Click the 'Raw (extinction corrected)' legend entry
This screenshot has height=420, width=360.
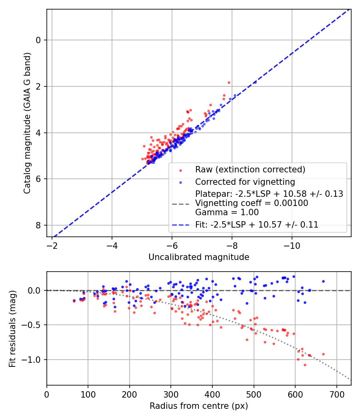click(250, 169)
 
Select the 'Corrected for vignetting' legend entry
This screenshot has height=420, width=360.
click(245, 182)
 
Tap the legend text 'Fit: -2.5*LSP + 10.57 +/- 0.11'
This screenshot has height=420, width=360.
click(257, 225)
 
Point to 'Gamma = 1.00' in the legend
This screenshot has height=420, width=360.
click(227, 212)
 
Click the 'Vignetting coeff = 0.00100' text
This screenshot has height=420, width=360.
click(252, 203)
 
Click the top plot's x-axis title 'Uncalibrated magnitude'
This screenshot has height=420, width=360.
click(199, 257)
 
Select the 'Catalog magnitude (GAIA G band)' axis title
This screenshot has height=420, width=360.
click(27, 123)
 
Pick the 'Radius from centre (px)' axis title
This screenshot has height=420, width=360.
click(199, 406)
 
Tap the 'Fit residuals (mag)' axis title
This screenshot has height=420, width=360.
click(12, 328)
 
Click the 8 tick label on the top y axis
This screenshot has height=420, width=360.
click(38, 225)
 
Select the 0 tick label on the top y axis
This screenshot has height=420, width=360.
click(38, 40)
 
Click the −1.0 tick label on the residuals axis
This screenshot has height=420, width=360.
click(32, 360)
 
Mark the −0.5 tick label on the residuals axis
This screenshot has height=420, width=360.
click(32, 325)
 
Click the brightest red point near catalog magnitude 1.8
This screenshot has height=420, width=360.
click(229, 82)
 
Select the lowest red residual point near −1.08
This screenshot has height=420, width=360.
click(305, 365)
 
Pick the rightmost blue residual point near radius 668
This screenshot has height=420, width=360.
click(323, 281)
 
